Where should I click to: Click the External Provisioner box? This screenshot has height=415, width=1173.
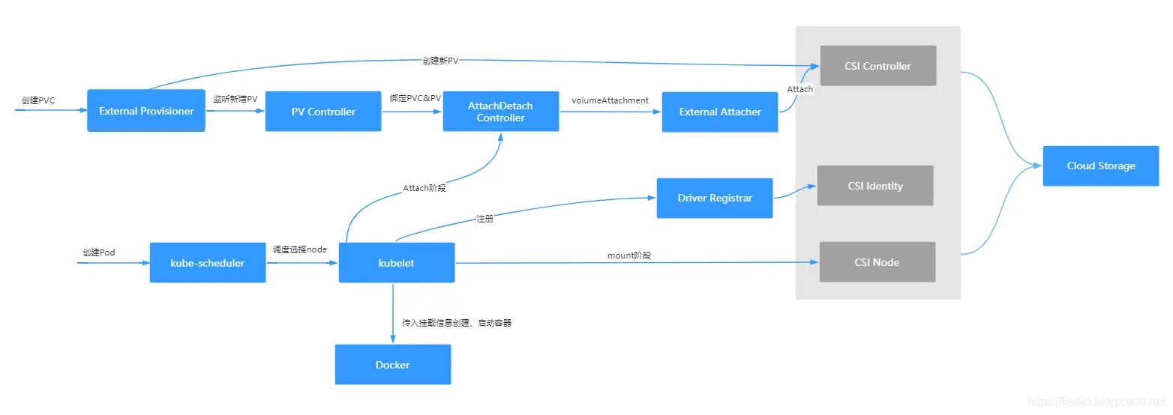pyautogui.click(x=146, y=111)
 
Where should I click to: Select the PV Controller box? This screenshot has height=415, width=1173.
pyautogui.click(x=323, y=112)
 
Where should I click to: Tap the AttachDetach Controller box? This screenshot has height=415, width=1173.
pyautogui.click(x=500, y=112)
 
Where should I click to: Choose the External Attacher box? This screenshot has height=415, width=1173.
pyautogui.click(x=719, y=112)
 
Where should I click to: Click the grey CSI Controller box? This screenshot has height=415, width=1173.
pyautogui.click(x=877, y=66)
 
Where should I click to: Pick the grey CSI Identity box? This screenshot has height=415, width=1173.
pyautogui.click(x=875, y=186)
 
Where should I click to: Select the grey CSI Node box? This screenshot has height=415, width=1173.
pyautogui.click(x=877, y=262)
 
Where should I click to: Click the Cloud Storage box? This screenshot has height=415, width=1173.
pyautogui.click(x=1100, y=166)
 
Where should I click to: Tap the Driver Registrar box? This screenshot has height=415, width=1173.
pyautogui.click(x=714, y=199)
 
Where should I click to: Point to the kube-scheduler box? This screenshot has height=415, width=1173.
pyautogui.click(x=208, y=263)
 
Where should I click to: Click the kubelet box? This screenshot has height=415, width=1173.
pyautogui.click(x=396, y=263)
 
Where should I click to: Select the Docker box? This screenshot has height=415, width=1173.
pyautogui.click(x=392, y=365)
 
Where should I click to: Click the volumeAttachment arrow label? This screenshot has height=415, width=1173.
pyautogui.click(x=610, y=100)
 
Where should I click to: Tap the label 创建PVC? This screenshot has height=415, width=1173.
pyautogui.click(x=38, y=100)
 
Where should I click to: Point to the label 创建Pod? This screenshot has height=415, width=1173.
pyautogui.click(x=98, y=252)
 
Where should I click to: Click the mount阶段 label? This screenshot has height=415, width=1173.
pyautogui.click(x=628, y=255)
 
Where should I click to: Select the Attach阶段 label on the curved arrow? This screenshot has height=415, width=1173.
pyautogui.click(x=424, y=188)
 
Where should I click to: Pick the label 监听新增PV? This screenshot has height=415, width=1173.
pyautogui.click(x=235, y=99)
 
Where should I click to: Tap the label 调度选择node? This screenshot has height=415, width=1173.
pyautogui.click(x=299, y=249)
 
